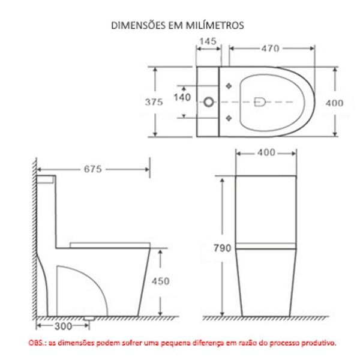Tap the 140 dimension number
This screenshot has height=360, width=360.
click(182, 97)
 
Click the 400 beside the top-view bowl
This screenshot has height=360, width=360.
click(335, 103)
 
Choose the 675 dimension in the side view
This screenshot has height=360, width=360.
click(93, 169)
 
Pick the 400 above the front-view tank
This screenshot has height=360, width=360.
click(266, 152)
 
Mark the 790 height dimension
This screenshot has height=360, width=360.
click(223, 245)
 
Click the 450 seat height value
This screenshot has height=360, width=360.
click(160, 281)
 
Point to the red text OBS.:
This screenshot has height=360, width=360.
click(38, 343)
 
